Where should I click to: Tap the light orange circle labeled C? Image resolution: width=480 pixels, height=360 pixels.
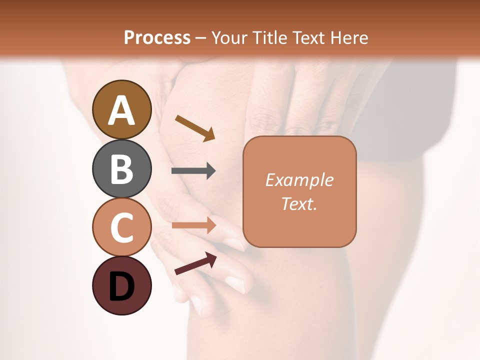pos(121,227)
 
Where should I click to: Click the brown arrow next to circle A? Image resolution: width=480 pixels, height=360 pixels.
pos(195,128)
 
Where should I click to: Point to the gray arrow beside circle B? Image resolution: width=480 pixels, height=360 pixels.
pos(193,171)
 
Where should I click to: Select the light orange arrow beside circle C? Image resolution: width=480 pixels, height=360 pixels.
pos(193,225)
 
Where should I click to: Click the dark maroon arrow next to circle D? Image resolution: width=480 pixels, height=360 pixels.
pos(195,263)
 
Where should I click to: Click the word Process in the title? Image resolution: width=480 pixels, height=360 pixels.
pos(157,37)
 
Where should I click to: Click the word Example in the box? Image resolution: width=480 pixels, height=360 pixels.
pos(299,180)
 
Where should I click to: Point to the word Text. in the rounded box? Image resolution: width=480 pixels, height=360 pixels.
pos(299,203)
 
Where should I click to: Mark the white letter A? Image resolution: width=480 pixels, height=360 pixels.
pos(121,110)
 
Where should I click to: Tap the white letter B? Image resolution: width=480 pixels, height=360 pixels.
pos(121,169)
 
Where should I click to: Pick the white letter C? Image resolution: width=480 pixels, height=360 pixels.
pos(121,227)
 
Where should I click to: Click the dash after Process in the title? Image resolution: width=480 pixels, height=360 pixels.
pos(201,38)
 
